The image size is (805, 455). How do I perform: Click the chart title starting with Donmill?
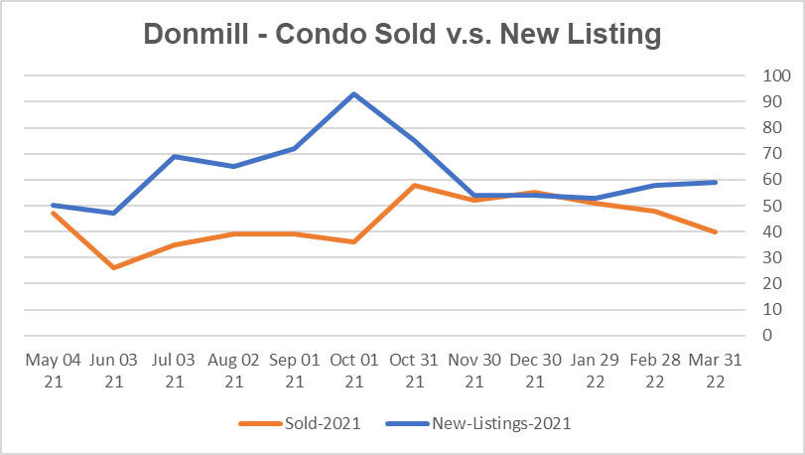pyautogui.click(x=402, y=34)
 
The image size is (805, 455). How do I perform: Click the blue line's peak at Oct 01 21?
pyautogui.click(x=353, y=93)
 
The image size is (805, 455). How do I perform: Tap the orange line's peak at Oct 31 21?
pyautogui.click(x=414, y=185)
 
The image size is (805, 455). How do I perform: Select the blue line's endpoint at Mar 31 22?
pyautogui.click(x=716, y=182)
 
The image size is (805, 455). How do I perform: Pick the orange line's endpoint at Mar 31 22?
pyautogui.click(x=716, y=231)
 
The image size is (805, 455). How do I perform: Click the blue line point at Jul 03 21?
pyautogui.click(x=173, y=156)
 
